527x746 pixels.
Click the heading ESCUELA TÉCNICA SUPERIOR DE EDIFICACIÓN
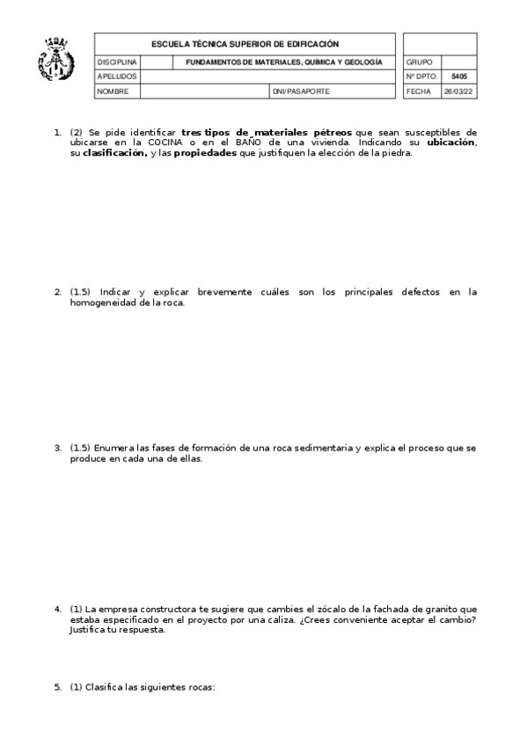click(245, 44)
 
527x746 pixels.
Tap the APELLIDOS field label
click(116, 77)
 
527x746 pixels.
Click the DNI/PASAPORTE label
click(301, 91)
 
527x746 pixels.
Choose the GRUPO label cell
click(419, 63)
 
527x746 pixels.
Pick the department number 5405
click(458, 77)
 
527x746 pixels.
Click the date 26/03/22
click(458, 91)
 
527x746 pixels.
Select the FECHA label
click(419, 91)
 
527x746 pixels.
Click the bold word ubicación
click(450, 142)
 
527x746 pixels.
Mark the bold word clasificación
click(114, 152)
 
